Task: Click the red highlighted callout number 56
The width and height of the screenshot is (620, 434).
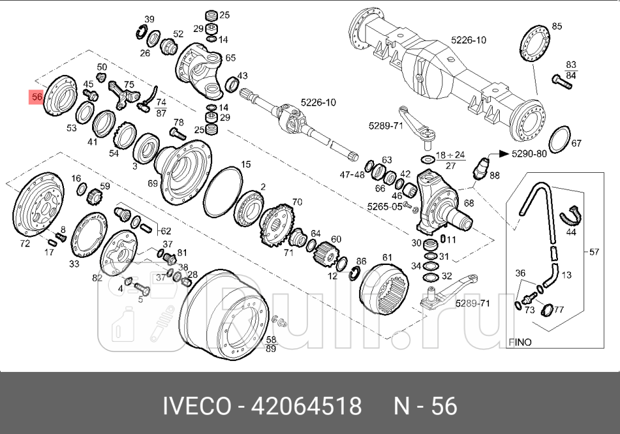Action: tap(36, 98)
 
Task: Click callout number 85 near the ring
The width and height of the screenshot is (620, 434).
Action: tap(557, 26)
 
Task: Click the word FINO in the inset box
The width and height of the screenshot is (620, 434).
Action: tap(520, 342)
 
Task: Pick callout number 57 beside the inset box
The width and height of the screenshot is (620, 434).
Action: tap(594, 252)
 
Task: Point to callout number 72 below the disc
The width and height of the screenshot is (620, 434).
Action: tap(25, 244)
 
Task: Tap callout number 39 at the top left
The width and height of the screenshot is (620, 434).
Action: tap(149, 19)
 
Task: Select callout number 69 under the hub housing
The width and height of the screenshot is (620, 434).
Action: tap(153, 183)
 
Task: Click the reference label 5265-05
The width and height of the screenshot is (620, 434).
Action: tap(385, 207)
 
